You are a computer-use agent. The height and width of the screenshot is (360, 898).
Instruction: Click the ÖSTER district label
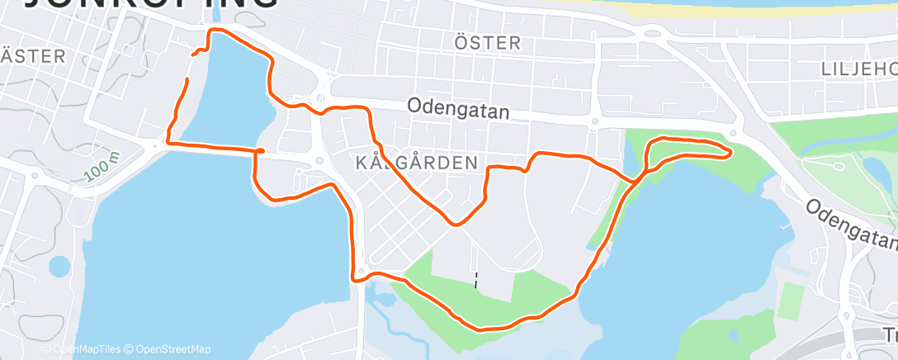[x=488, y=42]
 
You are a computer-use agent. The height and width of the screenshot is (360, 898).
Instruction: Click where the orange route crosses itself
[x=636, y=179]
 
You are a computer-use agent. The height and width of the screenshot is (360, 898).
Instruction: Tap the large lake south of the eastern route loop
[x=685, y=248]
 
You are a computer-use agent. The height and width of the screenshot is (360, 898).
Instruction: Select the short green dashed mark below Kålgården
[x=476, y=280]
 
